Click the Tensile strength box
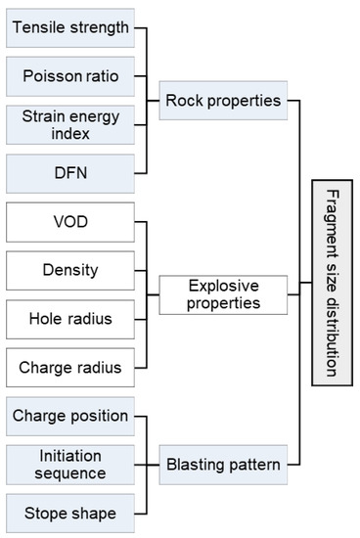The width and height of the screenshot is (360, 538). [x=69, y=26]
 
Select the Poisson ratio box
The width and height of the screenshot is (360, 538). [x=69, y=74]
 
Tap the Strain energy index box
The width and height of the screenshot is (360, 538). [x=69, y=123]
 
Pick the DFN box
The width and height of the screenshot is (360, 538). [x=69, y=172]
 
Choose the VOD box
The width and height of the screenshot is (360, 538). [x=69, y=221]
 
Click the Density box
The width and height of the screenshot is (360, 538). [x=69, y=269]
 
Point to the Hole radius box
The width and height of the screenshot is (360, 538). [x=69, y=318]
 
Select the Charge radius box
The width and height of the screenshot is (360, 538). [x=69, y=368]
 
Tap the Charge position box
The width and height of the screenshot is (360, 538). [x=69, y=416]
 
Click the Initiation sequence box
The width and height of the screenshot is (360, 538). [x=69, y=465]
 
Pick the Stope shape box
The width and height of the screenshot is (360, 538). [x=69, y=513]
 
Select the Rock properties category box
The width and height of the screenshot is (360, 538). [x=224, y=99]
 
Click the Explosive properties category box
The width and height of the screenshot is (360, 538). [x=224, y=293]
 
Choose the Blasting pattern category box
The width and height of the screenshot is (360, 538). [x=224, y=465]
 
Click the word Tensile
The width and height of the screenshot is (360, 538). [x=38, y=26]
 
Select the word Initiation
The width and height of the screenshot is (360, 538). [x=69, y=456]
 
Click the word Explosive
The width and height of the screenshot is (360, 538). [x=224, y=286]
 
